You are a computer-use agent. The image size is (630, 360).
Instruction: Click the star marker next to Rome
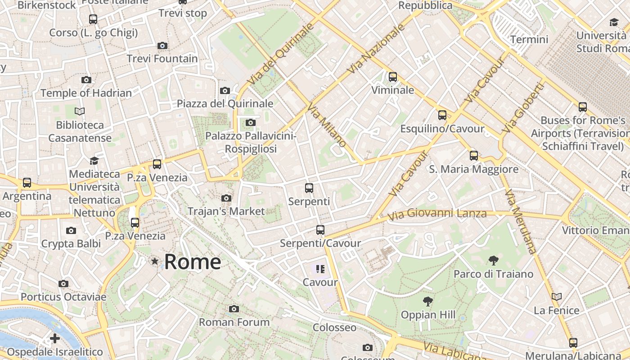155,261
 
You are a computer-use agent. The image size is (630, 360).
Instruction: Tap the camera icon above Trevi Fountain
162,45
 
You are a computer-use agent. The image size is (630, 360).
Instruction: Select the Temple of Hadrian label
86,93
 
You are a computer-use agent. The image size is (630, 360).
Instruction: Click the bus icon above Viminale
393,76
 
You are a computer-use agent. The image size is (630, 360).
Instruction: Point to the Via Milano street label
327,125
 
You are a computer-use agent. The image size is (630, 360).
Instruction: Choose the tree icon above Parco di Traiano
493,260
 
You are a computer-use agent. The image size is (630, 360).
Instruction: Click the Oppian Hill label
428,315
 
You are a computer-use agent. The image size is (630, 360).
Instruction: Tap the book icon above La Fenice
557,297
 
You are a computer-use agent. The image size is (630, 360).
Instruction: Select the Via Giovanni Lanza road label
437,214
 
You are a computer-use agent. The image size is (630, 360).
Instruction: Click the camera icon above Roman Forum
234,309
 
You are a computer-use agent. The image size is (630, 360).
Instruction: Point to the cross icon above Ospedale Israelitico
55,338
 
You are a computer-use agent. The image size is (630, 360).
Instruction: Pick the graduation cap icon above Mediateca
94,161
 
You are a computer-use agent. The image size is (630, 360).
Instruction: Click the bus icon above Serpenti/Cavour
320,230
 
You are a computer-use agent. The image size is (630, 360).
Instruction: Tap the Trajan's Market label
226,211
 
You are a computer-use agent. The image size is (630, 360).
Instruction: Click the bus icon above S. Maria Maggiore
473,156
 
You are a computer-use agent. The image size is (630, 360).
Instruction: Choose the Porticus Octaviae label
63,297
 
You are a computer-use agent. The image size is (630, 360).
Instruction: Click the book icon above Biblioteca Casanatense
80,111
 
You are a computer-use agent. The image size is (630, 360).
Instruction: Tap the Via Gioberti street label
523,108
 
